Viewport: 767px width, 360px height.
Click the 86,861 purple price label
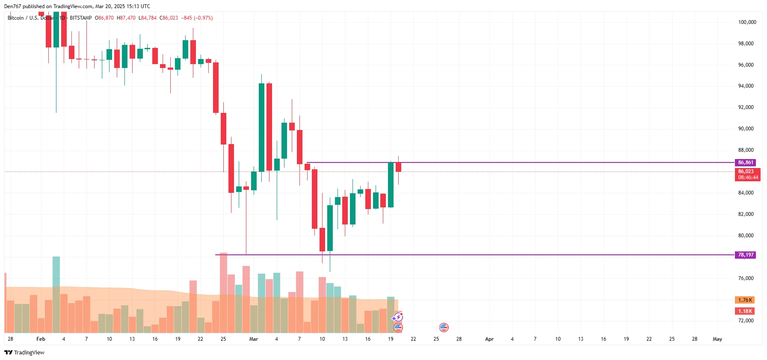[746, 162]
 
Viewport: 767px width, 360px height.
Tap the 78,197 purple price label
[746, 255]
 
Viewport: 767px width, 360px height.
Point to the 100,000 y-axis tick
[747, 22]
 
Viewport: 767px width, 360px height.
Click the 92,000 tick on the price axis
[746, 107]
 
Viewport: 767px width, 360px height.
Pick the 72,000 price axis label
[746, 321]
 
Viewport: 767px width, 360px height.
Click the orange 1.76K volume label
[745, 300]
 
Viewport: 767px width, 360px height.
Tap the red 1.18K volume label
[745, 311]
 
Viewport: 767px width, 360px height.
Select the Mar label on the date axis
[254, 339]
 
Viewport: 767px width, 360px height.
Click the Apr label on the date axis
[489, 339]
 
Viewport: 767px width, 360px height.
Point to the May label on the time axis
[717, 339]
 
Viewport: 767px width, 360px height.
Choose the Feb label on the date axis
[41, 339]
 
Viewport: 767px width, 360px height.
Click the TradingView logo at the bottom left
[24, 352]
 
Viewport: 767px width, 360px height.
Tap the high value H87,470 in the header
[126, 18]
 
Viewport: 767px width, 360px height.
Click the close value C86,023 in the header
[169, 18]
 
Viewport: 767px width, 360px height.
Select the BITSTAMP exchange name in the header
[81, 18]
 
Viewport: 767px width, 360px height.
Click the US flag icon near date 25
[444, 328]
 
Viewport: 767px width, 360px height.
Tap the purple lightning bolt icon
[398, 317]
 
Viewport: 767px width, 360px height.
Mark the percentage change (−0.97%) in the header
[203, 18]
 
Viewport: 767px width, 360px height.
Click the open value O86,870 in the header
[104, 18]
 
